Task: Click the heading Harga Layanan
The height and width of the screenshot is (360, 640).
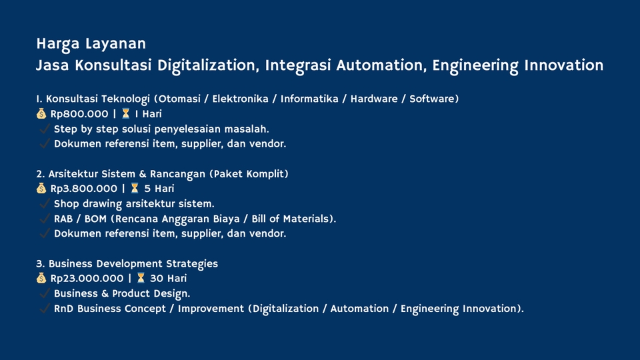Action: [x=91, y=44]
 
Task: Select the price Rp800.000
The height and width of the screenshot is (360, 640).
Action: [x=79, y=114]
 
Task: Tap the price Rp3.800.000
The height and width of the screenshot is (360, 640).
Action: [x=83, y=189]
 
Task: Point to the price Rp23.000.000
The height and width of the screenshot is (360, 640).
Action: [x=87, y=279]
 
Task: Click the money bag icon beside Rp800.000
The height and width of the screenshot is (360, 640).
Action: [x=41, y=114]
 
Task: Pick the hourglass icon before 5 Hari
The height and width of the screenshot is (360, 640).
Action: [x=134, y=189]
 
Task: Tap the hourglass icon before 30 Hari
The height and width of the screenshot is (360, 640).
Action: [x=141, y=279]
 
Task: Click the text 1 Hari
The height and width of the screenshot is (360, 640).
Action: [x=148, y=114]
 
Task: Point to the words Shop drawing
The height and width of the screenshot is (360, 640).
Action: [x=88, y=204]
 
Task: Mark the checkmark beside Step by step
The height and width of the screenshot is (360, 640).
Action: [x=45, y=129]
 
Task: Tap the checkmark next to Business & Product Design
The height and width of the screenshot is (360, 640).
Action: [x=45, y=294]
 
